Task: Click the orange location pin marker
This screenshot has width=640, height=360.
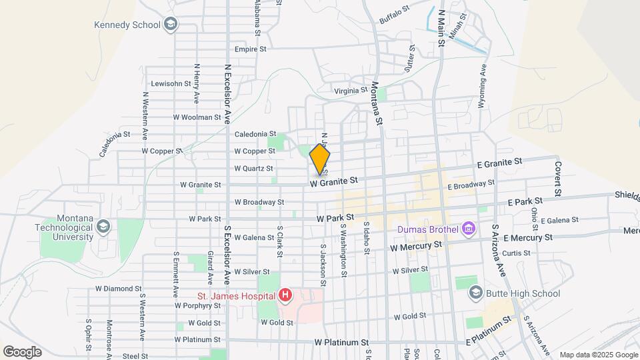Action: pos(320,160)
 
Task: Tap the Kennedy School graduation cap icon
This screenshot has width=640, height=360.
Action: pos(171,25)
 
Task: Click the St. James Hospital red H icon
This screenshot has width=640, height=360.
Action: pos(285,295)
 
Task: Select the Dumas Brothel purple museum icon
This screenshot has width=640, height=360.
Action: pos(468,230)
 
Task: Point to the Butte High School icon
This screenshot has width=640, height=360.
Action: pos(475,293)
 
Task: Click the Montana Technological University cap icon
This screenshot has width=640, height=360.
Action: pos(103,227)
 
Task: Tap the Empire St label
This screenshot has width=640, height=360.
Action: pos(251,49)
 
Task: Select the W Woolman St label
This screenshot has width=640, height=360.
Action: pos(197,117)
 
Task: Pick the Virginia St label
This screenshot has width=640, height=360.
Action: pos(351,90)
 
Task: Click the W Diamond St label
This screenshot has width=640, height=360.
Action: pos(118,289)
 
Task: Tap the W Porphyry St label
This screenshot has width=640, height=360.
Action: pos(197,306)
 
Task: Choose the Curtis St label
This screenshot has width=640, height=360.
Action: pos(516,253)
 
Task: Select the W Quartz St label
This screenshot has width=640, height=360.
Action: pos(253,169)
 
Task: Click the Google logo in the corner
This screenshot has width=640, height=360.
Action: pos(22,352)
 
